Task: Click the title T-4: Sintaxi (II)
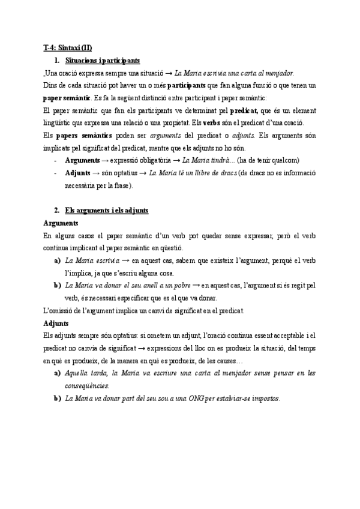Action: (x=68, y=47)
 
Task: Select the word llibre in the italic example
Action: (x=191, y=173)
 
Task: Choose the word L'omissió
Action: (x=62, y=311)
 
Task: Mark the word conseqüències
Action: (x=88, y=385)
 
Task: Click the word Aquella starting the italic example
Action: (x=79, y=373)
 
